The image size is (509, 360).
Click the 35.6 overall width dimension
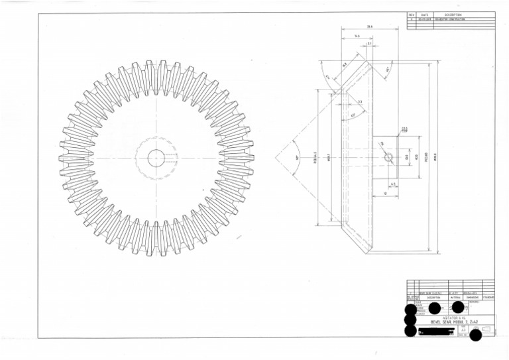(x=369, y=27)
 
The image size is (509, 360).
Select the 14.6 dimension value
(x=357, y=36)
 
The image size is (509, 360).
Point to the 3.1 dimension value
(x=369, y=44)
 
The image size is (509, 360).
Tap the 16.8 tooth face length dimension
(x=345, y=65)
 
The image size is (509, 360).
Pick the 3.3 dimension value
(x=360, y=102)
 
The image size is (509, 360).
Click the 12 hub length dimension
(x=385, y=193)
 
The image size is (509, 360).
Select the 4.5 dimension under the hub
(x=393, y=184)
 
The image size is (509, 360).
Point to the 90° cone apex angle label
(x=298, y=157)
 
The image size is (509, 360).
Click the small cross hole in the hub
(x=388, y=157)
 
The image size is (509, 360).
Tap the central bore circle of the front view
(x=156, y=158)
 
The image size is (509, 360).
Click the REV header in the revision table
(x=411, y=15)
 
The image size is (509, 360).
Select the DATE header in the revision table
(x=424, y=15)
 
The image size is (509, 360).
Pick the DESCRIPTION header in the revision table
(x=453, y=15)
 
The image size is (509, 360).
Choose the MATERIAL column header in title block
(x=456, y=298)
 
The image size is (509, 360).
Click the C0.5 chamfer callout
(x=404, y=130)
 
